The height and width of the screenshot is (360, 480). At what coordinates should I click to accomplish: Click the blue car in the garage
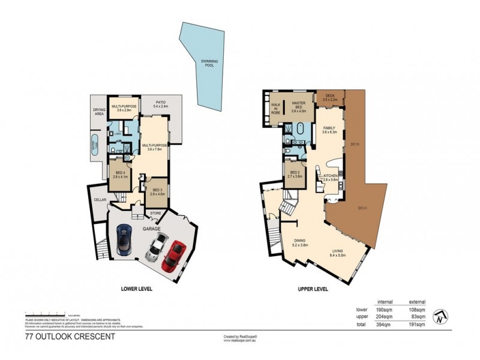[124, 238]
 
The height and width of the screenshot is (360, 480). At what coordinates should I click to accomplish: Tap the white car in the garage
[157, 245]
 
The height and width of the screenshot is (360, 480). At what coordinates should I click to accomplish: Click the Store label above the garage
[155, 213]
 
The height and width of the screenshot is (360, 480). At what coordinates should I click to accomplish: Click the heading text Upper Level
[313, 289]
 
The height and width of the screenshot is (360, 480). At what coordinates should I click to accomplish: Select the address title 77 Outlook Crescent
[70, 337]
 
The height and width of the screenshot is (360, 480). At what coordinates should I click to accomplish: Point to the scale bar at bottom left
[54, 314]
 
